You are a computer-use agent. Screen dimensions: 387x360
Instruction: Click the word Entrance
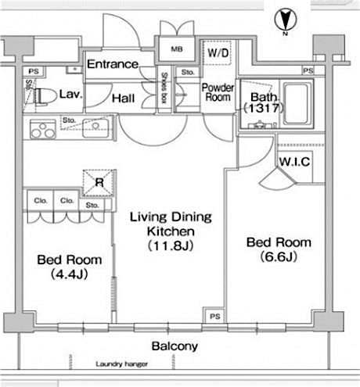[x=113, y=64]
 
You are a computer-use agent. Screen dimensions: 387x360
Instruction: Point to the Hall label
[x=122, y=99]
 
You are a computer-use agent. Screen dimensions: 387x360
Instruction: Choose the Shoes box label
[x=166, y=87]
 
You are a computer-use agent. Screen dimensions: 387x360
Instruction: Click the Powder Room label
[x=218, y=94]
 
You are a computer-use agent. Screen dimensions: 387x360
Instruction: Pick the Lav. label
[x=70, y=93]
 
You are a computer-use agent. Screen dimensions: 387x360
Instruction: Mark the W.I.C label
[x=294, y=162]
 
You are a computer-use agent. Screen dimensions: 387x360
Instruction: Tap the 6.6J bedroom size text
[x=279, y=256]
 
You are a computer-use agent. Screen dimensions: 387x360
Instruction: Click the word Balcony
[x=174, y=346]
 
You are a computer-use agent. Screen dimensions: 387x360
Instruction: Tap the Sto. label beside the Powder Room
[x=187, y=73]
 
